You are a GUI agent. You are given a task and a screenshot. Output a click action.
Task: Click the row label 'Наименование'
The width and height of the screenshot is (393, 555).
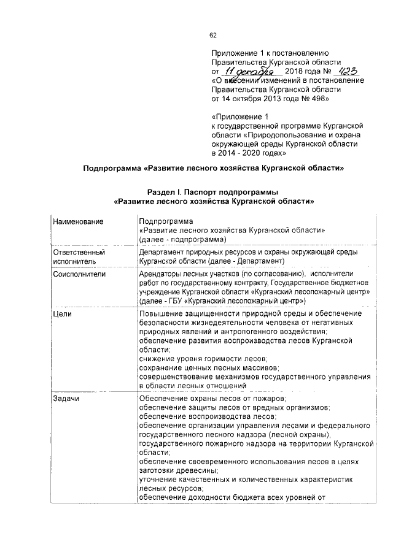(78, 220)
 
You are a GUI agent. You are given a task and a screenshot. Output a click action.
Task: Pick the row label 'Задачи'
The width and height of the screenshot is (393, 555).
(66, 398)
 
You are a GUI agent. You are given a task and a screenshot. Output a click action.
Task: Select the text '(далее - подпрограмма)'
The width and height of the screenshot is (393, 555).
(182, 239)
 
